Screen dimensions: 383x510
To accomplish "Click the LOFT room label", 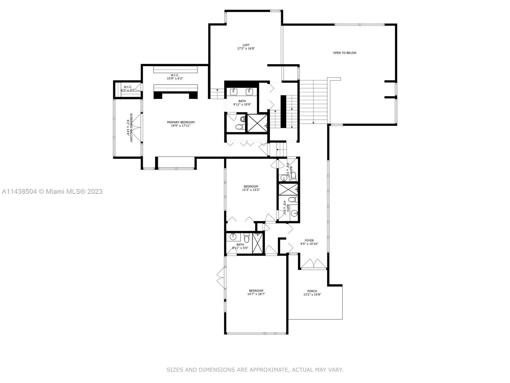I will click(x=246, y=45).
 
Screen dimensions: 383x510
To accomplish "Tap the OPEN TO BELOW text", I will click(x=345, y=53).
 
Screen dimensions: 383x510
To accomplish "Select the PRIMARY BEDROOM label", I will click(x=180, y=122).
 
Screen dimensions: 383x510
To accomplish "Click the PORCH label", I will click(x=312, y=291).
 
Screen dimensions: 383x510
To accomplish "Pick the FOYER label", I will click(x=309, y=241).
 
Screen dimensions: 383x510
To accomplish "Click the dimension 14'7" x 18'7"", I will click(x=256, y=294).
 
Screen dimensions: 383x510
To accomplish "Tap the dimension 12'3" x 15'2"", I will click(x=251, y=190).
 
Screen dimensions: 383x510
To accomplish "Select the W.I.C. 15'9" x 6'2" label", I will click(x=175, y=77).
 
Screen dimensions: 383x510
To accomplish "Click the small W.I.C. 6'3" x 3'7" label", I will click(x=128, y=88).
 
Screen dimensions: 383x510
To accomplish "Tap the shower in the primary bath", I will click(x=257, y=123).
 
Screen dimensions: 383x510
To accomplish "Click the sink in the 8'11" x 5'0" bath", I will click(x=233, y=237).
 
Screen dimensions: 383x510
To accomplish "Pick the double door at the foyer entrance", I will click(x=314, y=264).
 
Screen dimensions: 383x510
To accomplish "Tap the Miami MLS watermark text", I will click(x=52, y=191).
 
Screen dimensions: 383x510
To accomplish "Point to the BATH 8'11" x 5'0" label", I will click(x=240, y=246).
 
